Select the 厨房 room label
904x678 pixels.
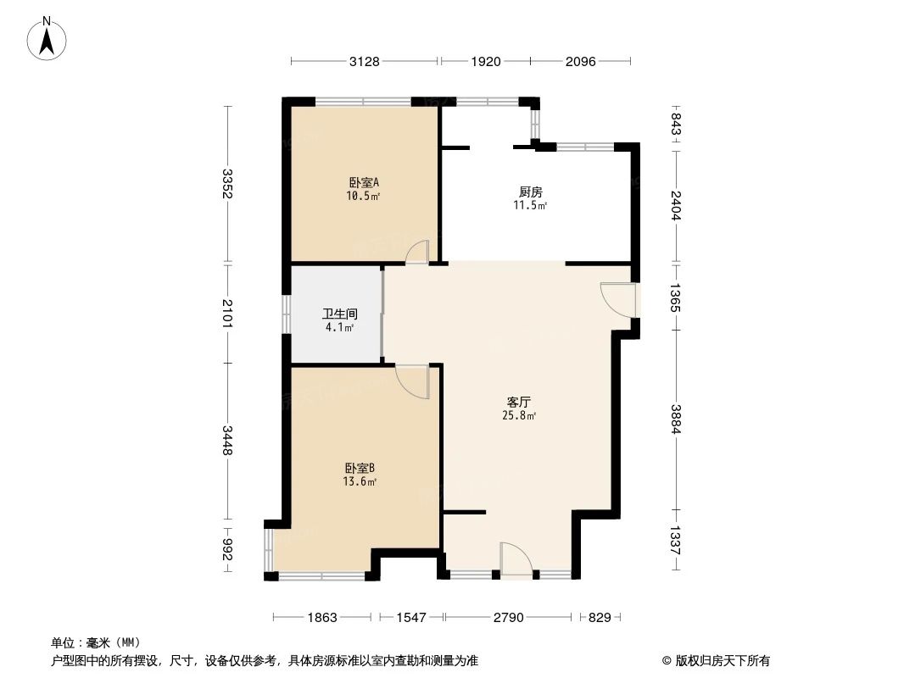531,192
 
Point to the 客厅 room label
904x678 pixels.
519,402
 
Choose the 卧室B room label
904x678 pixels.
360,468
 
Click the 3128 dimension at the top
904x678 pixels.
364,61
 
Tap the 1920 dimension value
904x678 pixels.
484,61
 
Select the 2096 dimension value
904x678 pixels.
580,61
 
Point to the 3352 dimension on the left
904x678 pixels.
226,185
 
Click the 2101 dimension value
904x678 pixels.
226,313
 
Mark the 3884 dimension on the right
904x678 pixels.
676,418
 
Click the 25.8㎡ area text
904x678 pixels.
519,415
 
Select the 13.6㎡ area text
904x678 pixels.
360,481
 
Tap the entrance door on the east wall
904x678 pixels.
618,299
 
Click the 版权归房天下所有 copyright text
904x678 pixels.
716,661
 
